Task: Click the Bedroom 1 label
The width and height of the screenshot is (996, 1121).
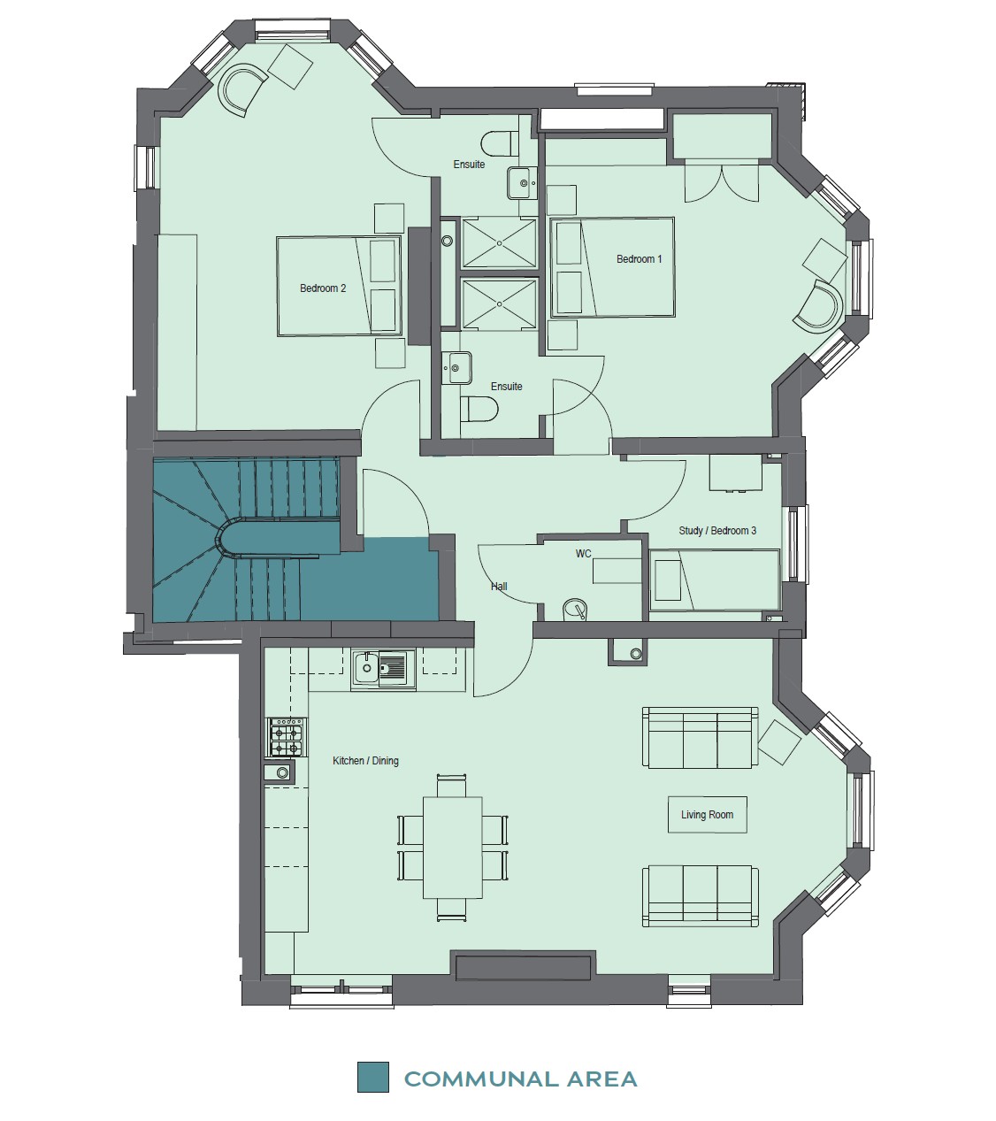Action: [x=640, y=259]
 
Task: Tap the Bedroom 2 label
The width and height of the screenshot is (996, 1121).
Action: [x=323, y=288]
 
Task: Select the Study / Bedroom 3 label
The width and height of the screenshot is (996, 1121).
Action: [x=717, y=531]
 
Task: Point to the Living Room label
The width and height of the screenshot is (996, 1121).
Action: [x=707, y=815]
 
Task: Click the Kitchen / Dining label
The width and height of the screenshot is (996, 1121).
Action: [x=365, y=761]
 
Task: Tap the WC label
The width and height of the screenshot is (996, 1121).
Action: [x=583, y=553]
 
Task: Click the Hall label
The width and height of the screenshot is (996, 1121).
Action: [x=499, y=587]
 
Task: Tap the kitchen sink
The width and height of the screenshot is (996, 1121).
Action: [x=384, y=669]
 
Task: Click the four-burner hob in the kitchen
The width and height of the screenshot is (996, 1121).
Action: [x=287, y=737]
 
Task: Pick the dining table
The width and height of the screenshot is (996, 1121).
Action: [x=453, y=847]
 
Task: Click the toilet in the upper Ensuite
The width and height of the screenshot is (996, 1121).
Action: [x=500, y=144]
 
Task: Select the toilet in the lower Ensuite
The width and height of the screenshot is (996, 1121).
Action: [x=479, y=409]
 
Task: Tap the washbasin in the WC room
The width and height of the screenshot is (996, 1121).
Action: [x=575, y=610]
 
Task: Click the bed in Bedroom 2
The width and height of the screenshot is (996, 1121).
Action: [x=339, y=286]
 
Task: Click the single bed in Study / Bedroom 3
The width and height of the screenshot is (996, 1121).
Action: [x=715, y=580]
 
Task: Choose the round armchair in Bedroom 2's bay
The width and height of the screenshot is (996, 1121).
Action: [x=244, y=89]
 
